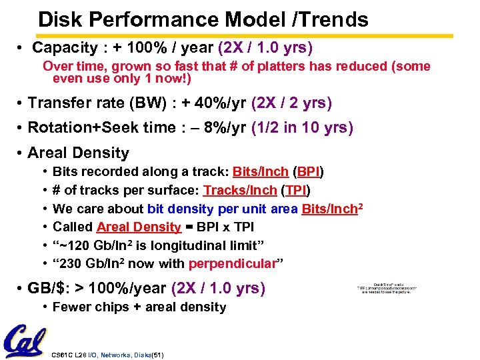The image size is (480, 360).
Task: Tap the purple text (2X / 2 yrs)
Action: [291, 103]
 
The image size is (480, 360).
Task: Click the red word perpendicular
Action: [232, 263]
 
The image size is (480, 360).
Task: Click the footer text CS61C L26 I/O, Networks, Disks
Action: [107, 354]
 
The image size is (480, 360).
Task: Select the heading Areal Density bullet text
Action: [79, 153]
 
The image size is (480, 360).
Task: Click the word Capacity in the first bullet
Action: [65, 48]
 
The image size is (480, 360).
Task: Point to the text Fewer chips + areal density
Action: [139, 307]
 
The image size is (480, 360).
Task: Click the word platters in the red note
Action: [298, 66]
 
